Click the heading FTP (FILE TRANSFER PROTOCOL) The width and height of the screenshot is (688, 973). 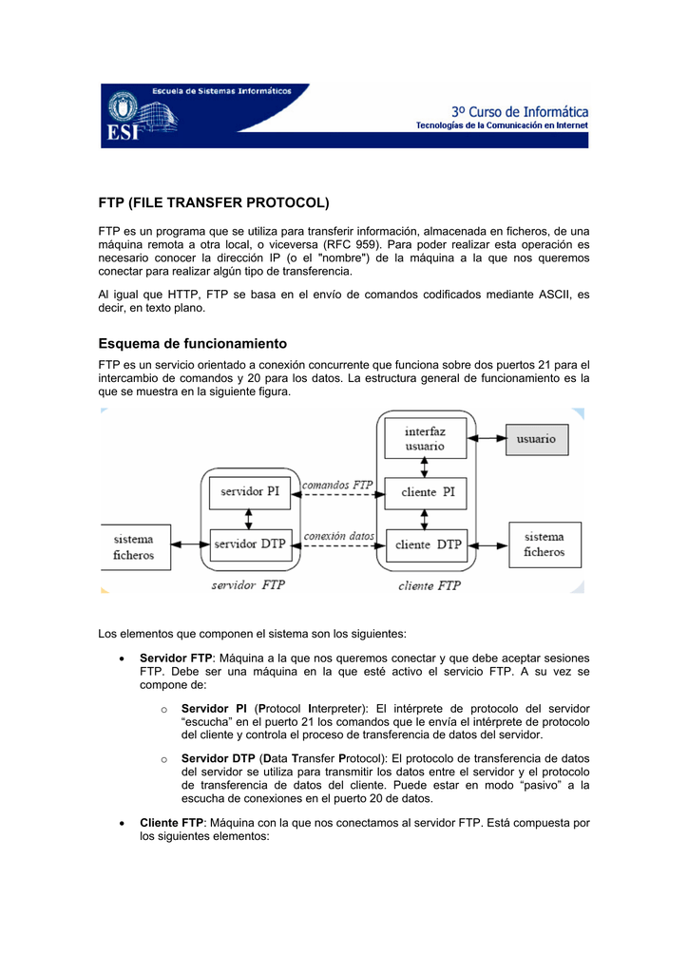tap(214, 203)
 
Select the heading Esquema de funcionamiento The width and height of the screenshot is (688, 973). tap(193, 343)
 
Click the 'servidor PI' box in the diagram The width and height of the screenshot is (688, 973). tap(250, 491)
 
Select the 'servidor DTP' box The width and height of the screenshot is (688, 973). tap(250, 544)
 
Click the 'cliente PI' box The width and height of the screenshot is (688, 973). tap(427, 491)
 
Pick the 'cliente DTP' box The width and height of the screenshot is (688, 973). tap(427, 544)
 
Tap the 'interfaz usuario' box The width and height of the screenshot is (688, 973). tap(425, 438)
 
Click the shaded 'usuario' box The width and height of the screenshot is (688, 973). tap(537, 438)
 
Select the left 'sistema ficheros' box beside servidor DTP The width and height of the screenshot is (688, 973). tap(135, 545)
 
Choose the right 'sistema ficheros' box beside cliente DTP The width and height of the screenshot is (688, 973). tap(544, 544)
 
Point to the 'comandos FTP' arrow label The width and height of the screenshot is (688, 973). tap(337, 485)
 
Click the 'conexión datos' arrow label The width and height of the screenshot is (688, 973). tap(339, 536)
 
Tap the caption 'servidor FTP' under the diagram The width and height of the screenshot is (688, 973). tap(247, 585)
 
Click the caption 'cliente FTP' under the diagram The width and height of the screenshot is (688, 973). tap(430, 585)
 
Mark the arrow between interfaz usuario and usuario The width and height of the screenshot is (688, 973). tap(487, 438)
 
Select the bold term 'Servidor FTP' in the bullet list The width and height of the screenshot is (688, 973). tap(176, 658)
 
